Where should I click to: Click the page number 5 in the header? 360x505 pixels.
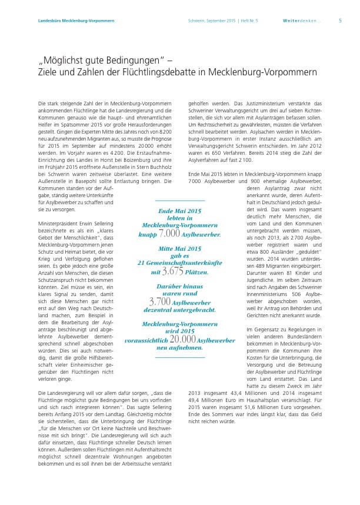[x=340, y=20]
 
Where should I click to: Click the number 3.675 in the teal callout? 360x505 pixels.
[x=172, y=271]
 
